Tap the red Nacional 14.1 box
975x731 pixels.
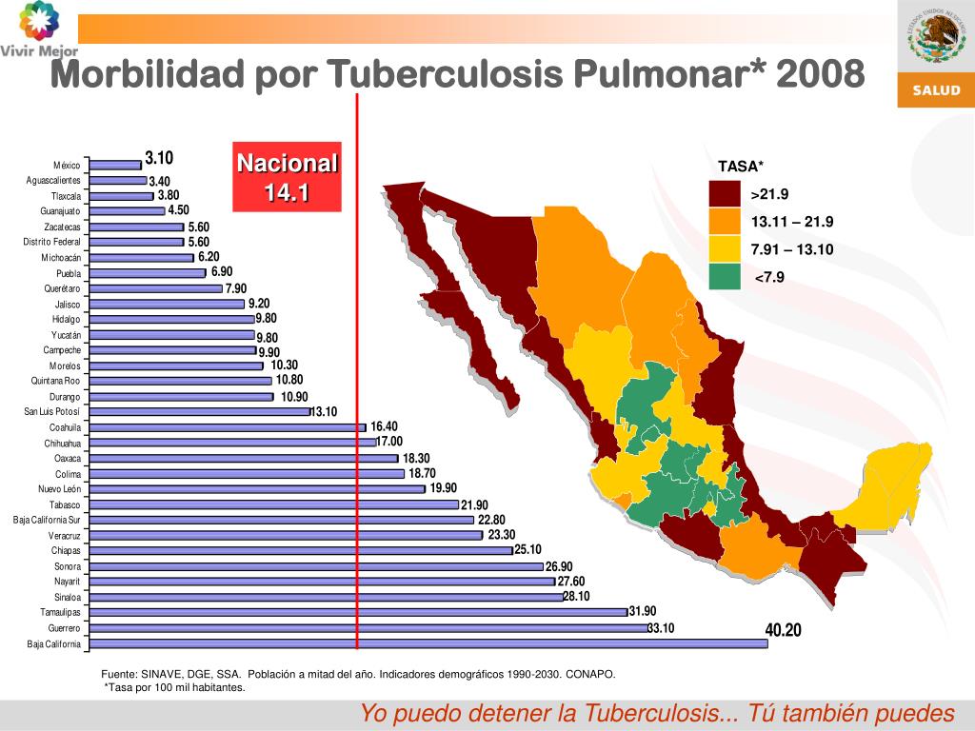click(x=288, y=178)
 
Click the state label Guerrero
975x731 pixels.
click(x=64, y=629)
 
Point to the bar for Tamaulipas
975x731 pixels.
click(x=357, y=612)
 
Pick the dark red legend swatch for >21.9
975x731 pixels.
click(x=724, y=195)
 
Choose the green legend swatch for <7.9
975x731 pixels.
click(x=724, y=277)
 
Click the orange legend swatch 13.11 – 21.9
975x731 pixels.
click(x=724, y=222)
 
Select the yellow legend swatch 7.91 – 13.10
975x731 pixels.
click(x=724, y=249)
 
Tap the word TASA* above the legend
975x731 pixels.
click(x=741, y=167)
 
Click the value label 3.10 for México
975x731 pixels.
click(x=159, y=158)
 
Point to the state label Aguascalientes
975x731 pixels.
click(x=53, y=180)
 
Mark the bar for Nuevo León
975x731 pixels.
click(x=256, y=489)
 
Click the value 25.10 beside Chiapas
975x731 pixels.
click(x=527, y=549)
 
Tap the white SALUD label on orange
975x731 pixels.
click(x=937, y=90)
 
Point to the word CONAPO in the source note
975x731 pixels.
click(x=590, y=674)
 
